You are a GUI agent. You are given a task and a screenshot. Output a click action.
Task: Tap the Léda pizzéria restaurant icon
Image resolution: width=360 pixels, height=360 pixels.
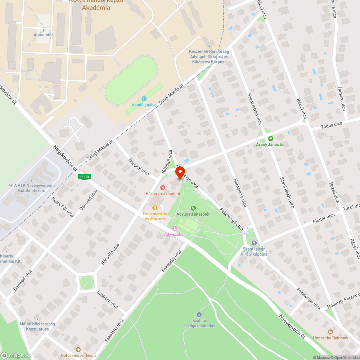pyautogui.click(x=155, y=207)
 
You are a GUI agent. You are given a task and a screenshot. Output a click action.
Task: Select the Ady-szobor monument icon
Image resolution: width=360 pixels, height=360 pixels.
pyautogui.click(x=175, y=228)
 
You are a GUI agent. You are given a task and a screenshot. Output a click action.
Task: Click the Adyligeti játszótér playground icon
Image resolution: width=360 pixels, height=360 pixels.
pyautogui.click(x=193, y=208)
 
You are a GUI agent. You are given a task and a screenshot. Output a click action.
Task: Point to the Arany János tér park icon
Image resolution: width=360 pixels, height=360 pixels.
pyautogui.click(x=270, y=138)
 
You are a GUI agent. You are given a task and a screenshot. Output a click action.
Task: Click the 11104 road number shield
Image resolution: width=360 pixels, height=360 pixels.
pyautogui.click(x=85, y=176)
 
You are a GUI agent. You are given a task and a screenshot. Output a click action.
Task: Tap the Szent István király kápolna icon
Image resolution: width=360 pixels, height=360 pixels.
pyautogui.click(x=254, y=243)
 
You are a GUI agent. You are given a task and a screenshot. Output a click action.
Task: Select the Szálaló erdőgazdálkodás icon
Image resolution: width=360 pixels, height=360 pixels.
pyautogui.click(x=199, y=315)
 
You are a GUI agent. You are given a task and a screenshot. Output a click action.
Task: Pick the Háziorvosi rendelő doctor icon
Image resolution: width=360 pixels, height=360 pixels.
pyautogui.click(x=163, y=187)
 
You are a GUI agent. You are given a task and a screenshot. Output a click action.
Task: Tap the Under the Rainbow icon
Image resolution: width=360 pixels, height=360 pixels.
pyautogui.click(x=330, y=332)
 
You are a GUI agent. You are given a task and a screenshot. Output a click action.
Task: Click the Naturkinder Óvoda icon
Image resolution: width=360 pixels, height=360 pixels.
pyautogui.click(x=78, y=349)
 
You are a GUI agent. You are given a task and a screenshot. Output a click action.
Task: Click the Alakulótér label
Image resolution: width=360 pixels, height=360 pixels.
pyautogui.click(x=43, y=35)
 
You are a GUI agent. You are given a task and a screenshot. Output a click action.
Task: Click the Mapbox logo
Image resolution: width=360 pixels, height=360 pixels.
pyautogui.click(x=16, y=355)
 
